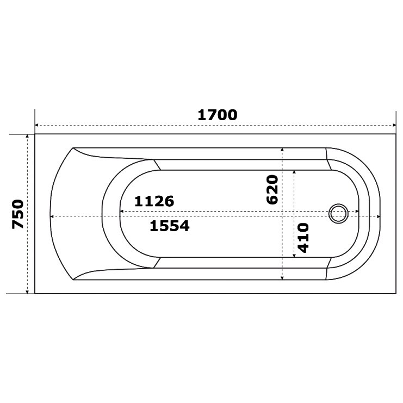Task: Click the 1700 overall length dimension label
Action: pos(218,115)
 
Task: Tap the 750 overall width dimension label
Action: pos(18,214)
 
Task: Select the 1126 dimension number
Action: pos(154,201)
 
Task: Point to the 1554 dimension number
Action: pos(169,226)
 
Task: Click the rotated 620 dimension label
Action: pos(272,190)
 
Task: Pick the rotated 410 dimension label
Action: pos(303,238)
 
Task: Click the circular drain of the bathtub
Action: pos(338,214)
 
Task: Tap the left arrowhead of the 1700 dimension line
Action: pos(36,125)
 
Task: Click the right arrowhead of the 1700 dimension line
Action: pos(394,125)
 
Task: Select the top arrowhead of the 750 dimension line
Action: pos(27,136)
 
